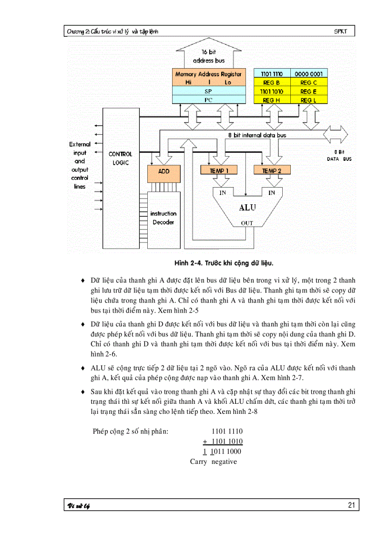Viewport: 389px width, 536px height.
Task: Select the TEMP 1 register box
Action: point(212,171)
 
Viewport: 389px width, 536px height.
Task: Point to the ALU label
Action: point(247,208)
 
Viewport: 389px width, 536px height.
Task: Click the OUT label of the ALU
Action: point(247,223)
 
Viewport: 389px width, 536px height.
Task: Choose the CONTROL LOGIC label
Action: point(120,158)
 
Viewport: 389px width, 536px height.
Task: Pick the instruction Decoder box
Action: point(163,218)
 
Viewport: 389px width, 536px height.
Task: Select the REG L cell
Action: point(308,100)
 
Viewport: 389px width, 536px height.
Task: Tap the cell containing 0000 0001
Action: point(308,74)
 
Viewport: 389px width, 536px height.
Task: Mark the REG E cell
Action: point(308,92)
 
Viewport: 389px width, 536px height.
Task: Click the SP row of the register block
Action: point(208,91)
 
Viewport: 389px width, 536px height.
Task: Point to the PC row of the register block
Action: point(208,100)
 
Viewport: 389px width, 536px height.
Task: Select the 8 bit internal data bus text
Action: point(257,135)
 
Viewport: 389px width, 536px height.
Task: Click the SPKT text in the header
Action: point(341,32)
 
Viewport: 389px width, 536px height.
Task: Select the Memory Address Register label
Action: point(208,74)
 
